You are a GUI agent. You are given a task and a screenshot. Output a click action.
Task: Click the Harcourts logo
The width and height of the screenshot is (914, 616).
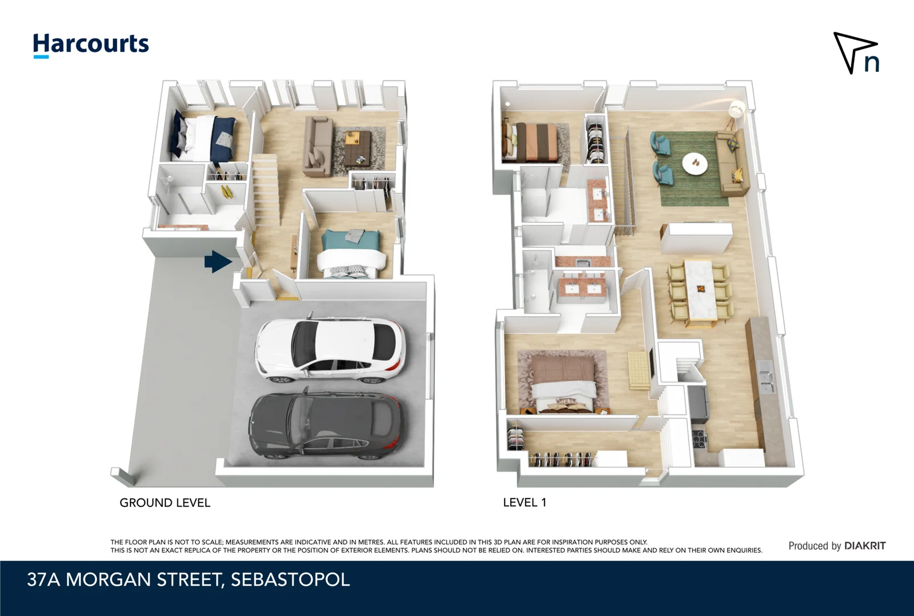pyautogui.click(x=91, y=44)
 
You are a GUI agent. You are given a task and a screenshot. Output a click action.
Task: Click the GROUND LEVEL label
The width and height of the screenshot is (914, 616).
pyautogui.click(x=165, y=502)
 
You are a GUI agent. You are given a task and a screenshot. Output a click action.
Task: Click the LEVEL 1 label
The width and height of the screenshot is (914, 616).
pyautogui.click(x=524, y=502)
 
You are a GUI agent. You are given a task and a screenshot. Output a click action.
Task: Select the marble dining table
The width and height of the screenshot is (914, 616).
pyautogui.click(x=701, y=291)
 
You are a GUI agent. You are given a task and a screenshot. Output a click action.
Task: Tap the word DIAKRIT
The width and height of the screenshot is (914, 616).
pyautogui.click(x=864, y=546)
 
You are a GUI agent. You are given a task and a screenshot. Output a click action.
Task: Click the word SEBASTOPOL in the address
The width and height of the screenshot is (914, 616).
pyautogui.click(x=290, y=579)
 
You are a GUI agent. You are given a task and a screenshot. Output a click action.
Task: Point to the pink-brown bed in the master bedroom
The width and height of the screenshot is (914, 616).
pyautogui.click(x=562, y=381)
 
